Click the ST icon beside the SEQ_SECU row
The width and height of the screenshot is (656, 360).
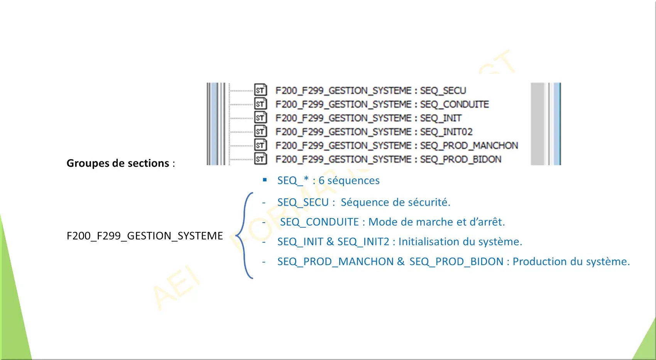point(260,90)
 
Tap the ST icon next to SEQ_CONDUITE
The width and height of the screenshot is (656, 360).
point(260,104)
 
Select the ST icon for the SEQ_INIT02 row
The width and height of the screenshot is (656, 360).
point(260,131)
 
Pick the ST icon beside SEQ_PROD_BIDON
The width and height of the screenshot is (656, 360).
point(260,159)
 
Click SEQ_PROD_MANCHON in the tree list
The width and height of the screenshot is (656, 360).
point(469,145)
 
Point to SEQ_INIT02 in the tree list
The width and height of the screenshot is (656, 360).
point(446,132)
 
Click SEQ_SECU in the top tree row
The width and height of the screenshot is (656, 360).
point(443,91)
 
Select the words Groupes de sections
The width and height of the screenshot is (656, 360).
point(118,163)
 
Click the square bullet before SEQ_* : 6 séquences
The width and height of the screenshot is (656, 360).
point(265,180)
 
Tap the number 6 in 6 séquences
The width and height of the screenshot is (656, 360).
point(321,181)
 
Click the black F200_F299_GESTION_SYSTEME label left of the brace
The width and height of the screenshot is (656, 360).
point(145,236)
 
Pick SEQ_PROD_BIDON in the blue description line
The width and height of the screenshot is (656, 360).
point(456,262)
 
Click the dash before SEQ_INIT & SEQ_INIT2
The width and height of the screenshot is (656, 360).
point(264,242)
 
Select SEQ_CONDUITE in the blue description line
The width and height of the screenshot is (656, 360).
point(320,222)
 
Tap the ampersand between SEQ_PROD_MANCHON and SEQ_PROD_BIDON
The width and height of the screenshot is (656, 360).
point(401,261)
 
